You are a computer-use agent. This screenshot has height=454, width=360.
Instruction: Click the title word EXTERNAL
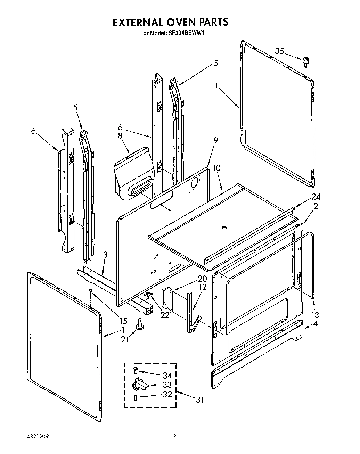coord(139,22)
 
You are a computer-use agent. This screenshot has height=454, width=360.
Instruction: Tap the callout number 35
coord(280,51)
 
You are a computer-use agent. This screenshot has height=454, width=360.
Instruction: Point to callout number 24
coord(316,197)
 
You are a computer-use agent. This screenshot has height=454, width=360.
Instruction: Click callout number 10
coord(216,168)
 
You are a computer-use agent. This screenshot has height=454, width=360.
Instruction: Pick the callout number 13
coord(315,315)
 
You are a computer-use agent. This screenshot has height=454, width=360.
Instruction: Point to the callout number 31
coord(199,400)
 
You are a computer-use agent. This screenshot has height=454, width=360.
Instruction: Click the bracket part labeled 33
coord(140,384)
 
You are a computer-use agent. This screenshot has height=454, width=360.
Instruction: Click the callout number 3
coord(105,255)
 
